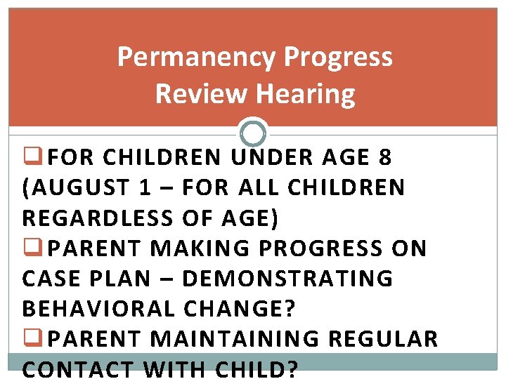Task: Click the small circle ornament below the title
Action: pyautogui.click(x=253, y=133)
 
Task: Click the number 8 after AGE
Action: pyautogui.click(x=384, y=159)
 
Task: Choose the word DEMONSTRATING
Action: pyautogui.click(x=287, y=279)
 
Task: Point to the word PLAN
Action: pyautogui.click(x=124, y=279)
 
